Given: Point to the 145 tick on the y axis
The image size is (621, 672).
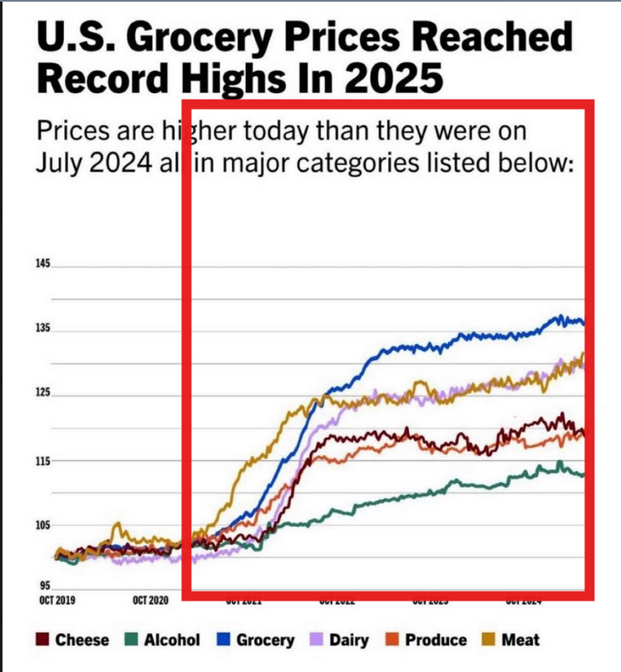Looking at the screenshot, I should pos(43,264).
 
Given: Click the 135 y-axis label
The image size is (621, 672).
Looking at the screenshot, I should pos(43,329).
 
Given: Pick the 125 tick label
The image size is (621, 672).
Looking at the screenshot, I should pos(43,395).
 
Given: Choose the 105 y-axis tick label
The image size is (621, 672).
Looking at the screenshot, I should pos(43,526).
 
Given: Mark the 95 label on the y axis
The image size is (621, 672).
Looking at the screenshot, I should pos(45,586).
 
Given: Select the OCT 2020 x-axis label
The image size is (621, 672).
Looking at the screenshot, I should pos(150,600).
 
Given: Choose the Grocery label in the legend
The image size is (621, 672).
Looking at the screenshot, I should pos(264,640).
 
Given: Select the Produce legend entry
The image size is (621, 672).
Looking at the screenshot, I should pos(435,640).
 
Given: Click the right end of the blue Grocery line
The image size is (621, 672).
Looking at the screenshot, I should pos(583,323).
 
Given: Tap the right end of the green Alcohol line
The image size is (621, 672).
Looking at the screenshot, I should pos(583,475).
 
